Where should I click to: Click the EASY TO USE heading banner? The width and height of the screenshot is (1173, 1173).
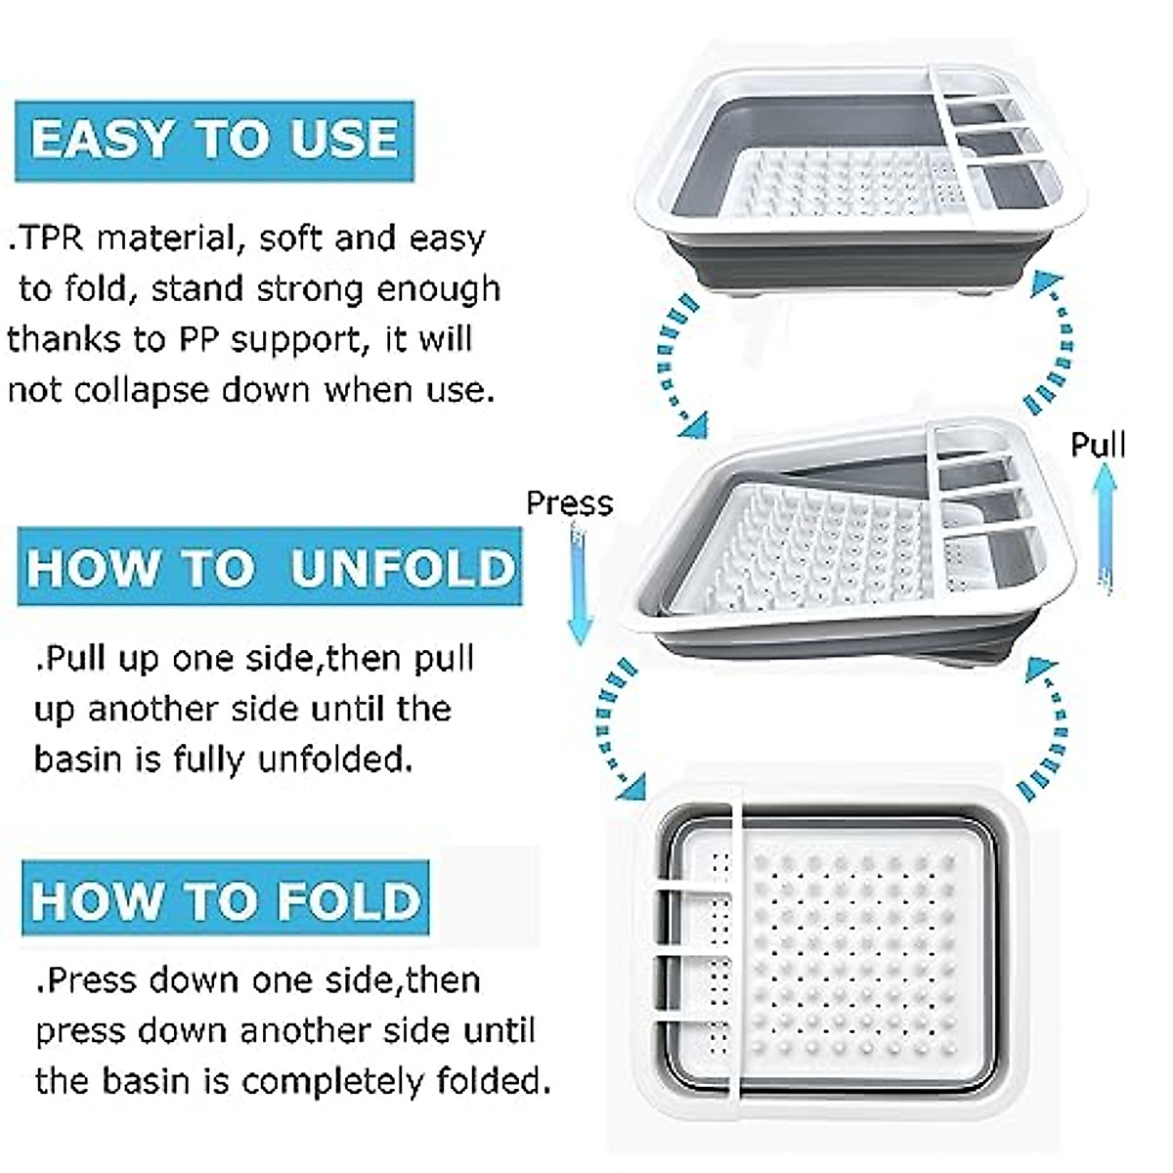tap(214, 140)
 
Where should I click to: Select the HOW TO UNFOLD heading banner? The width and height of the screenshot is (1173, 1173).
tap(270, 568)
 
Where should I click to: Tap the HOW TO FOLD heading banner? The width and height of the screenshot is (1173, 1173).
tap(225, 900)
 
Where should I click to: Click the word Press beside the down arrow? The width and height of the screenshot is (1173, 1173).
tap(569, 503)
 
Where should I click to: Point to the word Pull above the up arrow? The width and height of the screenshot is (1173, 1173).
tap(1098, 445)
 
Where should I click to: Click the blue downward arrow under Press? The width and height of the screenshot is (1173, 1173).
tap(580, 586)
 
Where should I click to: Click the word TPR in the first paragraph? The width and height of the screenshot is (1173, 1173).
tap(55, 239)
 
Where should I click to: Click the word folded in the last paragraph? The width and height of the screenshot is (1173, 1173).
tap(489, 1082)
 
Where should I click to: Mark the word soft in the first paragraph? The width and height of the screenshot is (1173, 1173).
tap(291, 239)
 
